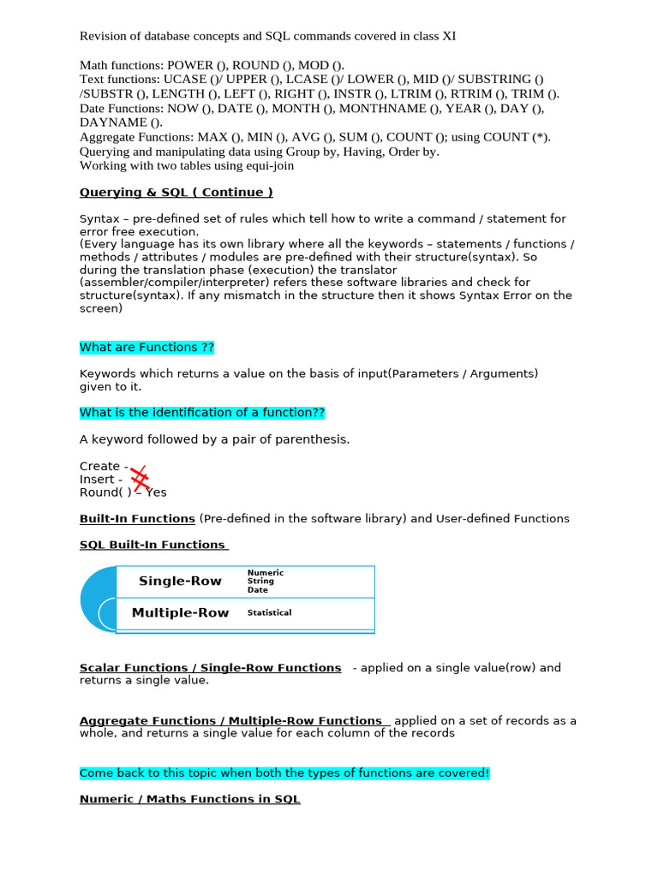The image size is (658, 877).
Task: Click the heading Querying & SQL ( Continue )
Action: click(176, 193)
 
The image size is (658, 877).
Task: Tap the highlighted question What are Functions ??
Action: click(147, 348)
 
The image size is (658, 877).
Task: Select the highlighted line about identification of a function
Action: click(202, 413)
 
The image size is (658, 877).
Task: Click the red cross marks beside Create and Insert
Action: click(139, 479)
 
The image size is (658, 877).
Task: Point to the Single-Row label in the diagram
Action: click(180, 582)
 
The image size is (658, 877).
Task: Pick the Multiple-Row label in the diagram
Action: click(180, 613)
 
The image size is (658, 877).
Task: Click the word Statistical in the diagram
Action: click(269, 613)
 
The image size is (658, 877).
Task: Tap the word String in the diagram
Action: click(260, 582)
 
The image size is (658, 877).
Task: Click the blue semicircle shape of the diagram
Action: click(96, 599)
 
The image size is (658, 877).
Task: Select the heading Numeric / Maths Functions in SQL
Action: click(190, 799)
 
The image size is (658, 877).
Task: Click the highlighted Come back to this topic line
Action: click(284, 773)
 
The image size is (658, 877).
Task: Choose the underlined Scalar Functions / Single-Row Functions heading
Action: click(210, 668)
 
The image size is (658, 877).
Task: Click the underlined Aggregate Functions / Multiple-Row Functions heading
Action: click(230, 721)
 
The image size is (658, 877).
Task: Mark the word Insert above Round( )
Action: click(97, 480)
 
